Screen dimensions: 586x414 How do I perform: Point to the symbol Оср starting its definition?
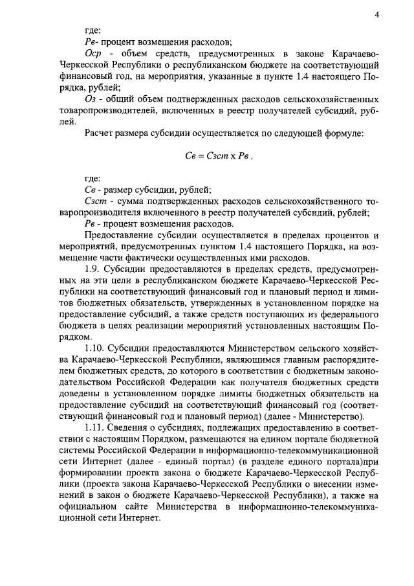94,51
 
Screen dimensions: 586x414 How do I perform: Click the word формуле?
345,133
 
